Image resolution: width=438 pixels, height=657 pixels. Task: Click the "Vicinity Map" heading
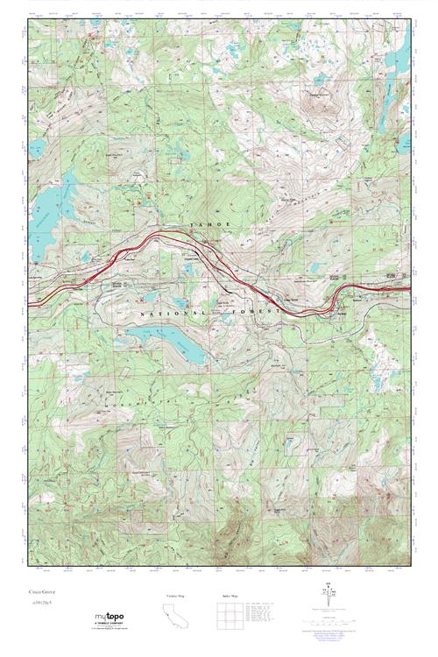click(x=176, y=596)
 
